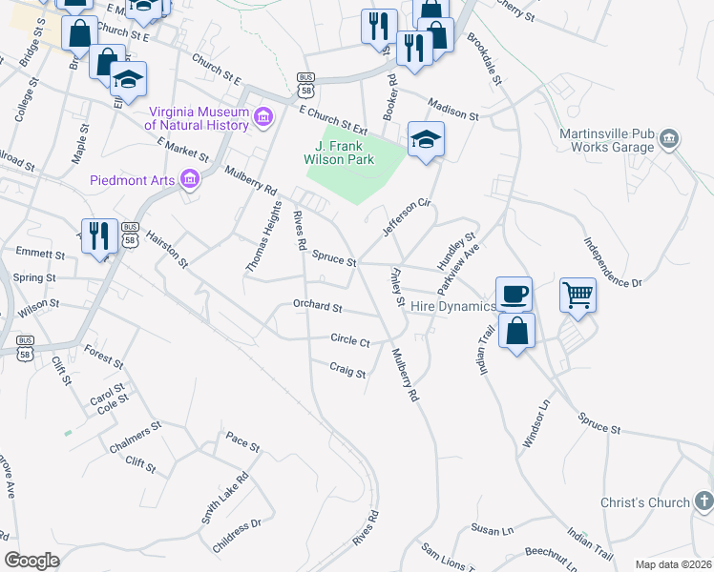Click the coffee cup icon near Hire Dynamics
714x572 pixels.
[x=514, y=293]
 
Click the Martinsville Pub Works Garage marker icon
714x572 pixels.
[x=669, y=139]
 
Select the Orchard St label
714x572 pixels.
[x=318, y=307]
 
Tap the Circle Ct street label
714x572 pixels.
[x=350, y=340]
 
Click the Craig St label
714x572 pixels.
[x=347, y=372]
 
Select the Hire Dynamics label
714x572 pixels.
[x=453, y=306]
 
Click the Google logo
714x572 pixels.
[x=31, y=561]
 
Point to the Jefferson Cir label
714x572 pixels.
[x=408, y=216]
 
